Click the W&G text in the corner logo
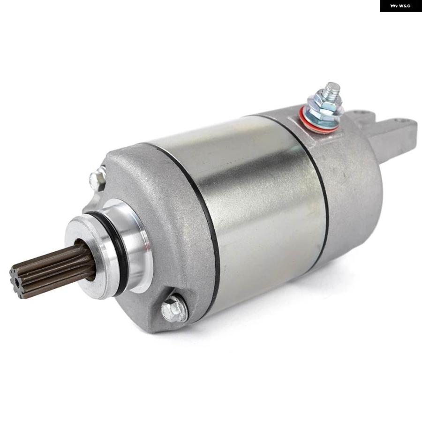tap(405, 6)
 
